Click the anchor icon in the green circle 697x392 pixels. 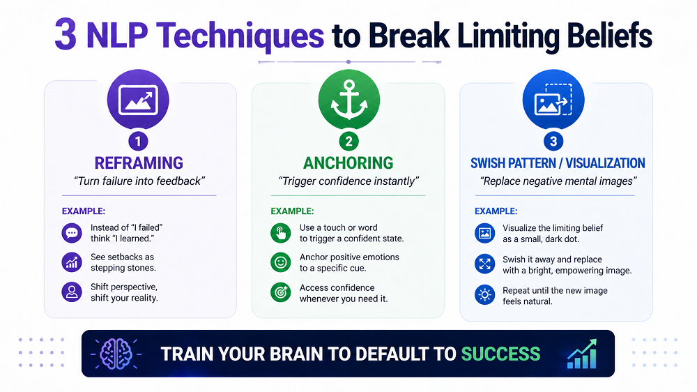[349, 100]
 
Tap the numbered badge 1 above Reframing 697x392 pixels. [138, 142]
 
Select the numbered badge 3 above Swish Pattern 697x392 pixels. [553, 142]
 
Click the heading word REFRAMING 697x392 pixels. [139, 163]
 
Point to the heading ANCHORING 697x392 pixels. [348, 163]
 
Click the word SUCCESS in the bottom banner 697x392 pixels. [500, 354]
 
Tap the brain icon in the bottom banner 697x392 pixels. [116, 354]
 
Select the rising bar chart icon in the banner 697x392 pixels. [582, 354]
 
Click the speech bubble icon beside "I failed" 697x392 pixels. [72, 233]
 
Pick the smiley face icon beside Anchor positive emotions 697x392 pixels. [280, 262]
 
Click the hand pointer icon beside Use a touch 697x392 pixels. [280, 233]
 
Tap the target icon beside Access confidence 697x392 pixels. [280, 292]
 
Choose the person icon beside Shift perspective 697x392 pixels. [72, 292]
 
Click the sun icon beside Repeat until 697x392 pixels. [484, 294]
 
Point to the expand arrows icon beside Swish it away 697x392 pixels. [484, 264]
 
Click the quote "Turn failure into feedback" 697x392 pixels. [139, 181]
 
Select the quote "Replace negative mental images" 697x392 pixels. [558, 181]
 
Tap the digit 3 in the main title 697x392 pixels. [66, 35]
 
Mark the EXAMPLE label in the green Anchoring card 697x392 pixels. [292, 211]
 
